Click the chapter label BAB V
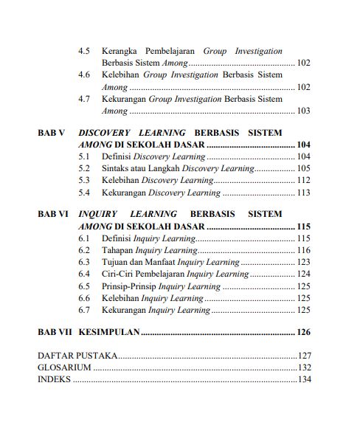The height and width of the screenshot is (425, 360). (x=51, y=132)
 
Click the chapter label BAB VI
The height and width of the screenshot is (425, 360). (x=52, y=215)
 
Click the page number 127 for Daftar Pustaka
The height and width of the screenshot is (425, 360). (x=303, y=356)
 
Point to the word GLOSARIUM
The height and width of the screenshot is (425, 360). (x=64, y=367)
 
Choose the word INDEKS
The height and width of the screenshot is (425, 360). (x=54, y=379)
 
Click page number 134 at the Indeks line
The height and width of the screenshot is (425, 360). (x=303, y=379)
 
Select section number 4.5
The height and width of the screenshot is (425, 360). (x=84, y=52)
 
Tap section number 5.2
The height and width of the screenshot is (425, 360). (x=84, y=168)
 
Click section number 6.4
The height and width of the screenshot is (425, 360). (x=84, y=274)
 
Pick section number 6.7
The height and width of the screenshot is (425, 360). (x=84, y=310)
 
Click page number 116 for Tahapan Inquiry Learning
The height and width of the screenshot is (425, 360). (x=303, y=251)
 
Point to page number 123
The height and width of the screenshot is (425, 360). (x=303, y=263)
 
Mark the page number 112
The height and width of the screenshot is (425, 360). (x=303, y=180)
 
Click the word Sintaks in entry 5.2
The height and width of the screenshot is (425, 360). (x=116, y=168)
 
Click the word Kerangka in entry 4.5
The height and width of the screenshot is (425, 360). (x=122, y=52)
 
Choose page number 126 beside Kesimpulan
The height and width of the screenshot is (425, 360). (x=303, y=333)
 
